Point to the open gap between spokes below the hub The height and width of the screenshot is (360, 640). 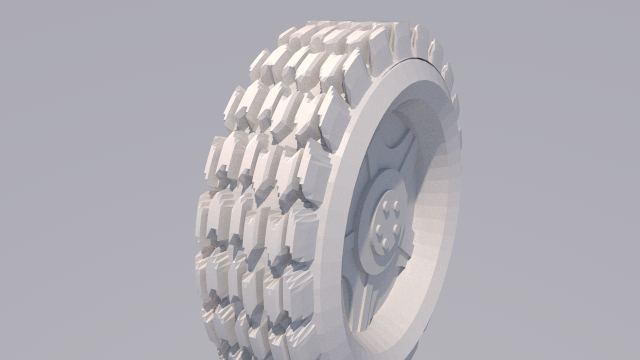coord(385,290)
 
